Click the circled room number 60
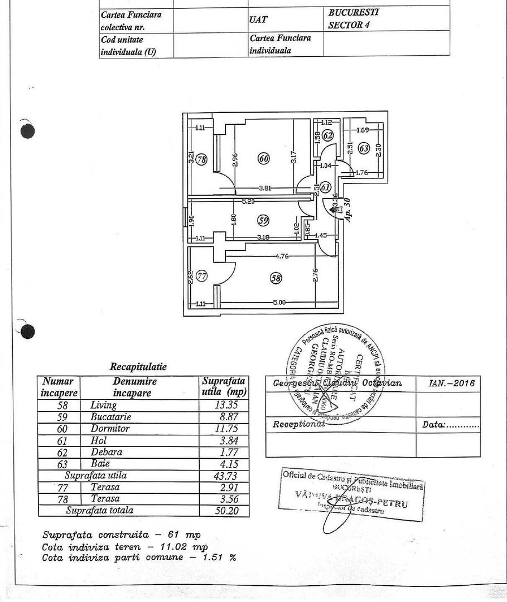coord(263,159)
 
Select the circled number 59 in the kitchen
coord(263,220)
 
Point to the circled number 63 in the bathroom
coord(364,148)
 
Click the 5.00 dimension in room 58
coord(279,303)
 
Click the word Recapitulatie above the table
coord(138,367)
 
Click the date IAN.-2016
coord(451,383)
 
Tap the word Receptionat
coord(298,424)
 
